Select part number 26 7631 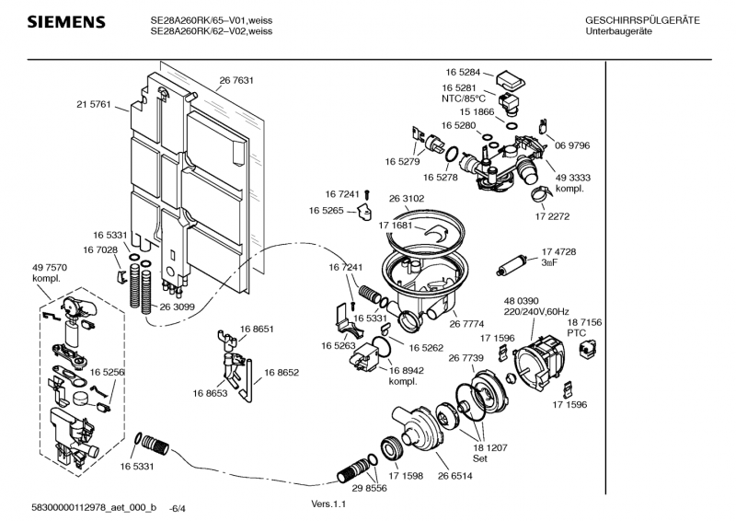tap(236, 80)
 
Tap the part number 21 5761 tap(93, 105)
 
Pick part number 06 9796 tap(571, 145)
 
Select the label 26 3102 tap(407, 198)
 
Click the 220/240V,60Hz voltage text tap(536, 313)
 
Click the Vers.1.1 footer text tap(330, 504)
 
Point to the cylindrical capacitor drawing tap(510, 267)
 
